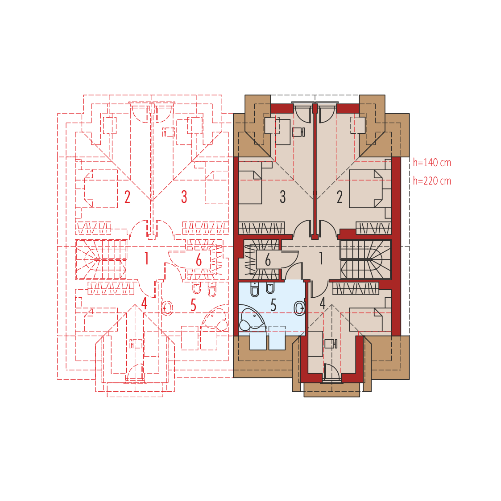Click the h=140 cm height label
pos(431,163)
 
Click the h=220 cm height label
pos(431,181)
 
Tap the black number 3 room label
pos(283,197)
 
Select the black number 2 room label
pos(340,197)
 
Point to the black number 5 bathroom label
pos(273,305)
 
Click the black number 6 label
pos(268,260)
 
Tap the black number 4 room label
pos(323,303)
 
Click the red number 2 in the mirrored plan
pos(127,197)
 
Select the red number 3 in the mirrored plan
pos(184,197)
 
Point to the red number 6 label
pos(199,260)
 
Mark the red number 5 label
pos(193,305)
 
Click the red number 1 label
pos(146,259)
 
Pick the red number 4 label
pos(144,303)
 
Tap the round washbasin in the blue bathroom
pos(300,308)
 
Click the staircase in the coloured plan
pos(366,259)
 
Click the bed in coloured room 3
pos(250,187)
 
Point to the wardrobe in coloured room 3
pos(261,228)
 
